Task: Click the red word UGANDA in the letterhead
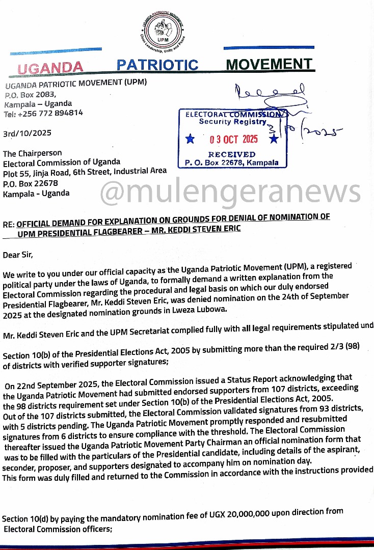coord(50,67)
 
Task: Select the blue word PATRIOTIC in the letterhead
coord(157,65)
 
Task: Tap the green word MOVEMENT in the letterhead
coord(269,64)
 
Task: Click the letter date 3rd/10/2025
coord(27,133)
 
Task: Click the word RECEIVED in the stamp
coord(232,154)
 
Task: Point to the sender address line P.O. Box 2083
coord(30,94)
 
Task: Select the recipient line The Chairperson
coord(33,153)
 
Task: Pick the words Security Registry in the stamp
coord(232,122)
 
